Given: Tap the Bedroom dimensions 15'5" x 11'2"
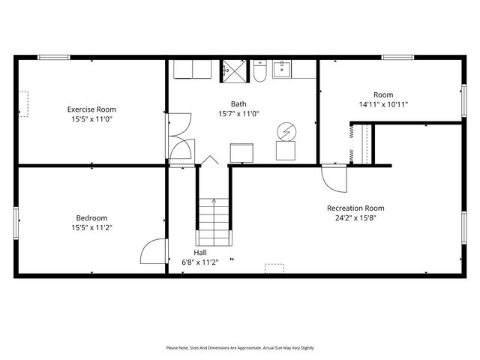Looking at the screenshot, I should click(91, 227).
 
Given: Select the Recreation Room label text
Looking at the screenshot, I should click(355, 208).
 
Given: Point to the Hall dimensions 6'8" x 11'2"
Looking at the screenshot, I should click(200, 262).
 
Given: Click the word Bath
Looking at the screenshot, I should click(238, 104).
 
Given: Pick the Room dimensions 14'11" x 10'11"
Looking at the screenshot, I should click(383, 104).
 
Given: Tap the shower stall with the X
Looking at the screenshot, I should click(233, 70).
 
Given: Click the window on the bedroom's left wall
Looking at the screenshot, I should click(16, 223).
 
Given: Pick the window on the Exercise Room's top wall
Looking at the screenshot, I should click(53, 57).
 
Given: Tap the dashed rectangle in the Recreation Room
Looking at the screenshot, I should click(274, 268).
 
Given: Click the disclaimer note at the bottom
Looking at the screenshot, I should click(240, 348).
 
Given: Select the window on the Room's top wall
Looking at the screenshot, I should click(397, 57).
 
